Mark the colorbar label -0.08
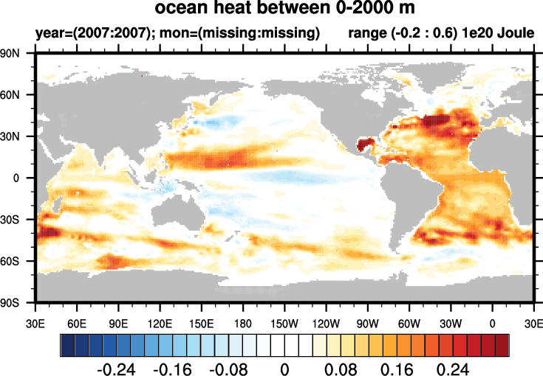click(x=229, y=367)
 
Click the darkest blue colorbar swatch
click(x=66, y=344)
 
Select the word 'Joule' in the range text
click(x=514, y=33)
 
